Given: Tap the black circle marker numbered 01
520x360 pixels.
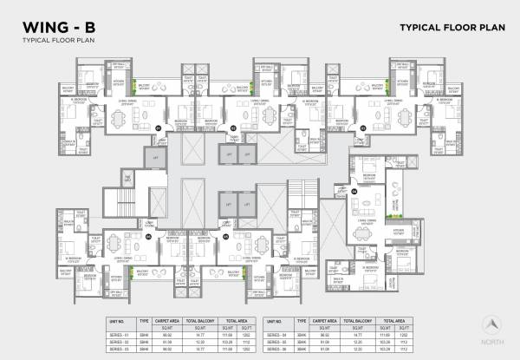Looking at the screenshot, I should tap(159, 128).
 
